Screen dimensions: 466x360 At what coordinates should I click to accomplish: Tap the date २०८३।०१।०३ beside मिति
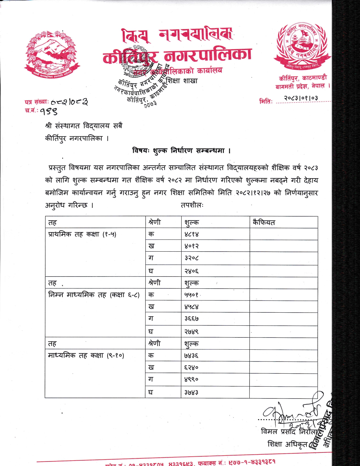pos(301,98)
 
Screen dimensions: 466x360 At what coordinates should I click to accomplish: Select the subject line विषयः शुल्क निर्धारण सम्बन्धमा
pos(182,151)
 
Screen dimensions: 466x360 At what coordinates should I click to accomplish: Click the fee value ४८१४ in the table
pos(191,234)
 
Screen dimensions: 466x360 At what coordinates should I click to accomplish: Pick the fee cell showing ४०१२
pos(191,246)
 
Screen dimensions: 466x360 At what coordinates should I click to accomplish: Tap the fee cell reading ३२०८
pos(191,258)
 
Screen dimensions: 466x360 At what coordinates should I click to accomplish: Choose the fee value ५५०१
pos(191,295)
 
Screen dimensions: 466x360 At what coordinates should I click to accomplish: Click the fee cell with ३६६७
pos(191,319)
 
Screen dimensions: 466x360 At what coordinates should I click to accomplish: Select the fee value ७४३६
pos(191,356)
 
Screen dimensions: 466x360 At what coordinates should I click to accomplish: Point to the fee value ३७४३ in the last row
pos(191,392)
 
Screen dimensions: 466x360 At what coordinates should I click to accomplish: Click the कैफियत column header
pos(264,223)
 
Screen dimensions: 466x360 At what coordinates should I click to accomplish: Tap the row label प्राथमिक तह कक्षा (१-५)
pos(82,234)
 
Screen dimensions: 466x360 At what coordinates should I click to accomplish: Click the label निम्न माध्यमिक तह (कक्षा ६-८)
pos(94,295)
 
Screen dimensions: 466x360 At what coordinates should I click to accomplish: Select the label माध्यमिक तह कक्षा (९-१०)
pos(86,356)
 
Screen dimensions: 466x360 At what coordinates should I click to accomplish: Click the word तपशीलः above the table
pos(192,205)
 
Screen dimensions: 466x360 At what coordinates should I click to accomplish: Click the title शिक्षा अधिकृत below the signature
pos(287,444)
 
